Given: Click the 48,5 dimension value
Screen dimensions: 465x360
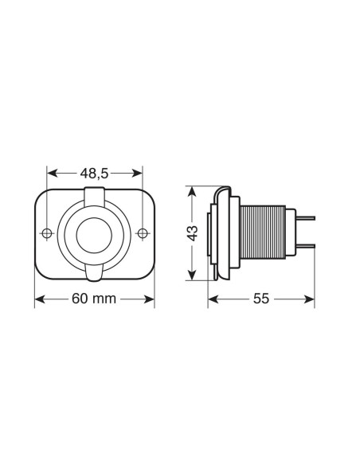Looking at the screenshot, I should (x=95, y=173).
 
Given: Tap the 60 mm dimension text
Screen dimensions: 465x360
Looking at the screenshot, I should (x=95, y=299).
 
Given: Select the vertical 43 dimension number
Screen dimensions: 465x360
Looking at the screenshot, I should (x=191, y=233).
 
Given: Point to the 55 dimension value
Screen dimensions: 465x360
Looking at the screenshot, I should (x=261, y=299).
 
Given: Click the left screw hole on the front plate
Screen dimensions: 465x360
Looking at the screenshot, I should (x=47, y=233).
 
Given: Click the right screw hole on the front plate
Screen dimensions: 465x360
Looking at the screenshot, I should (x=143, y=233).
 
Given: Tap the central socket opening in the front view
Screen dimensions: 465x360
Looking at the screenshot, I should (x=95, y=235).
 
